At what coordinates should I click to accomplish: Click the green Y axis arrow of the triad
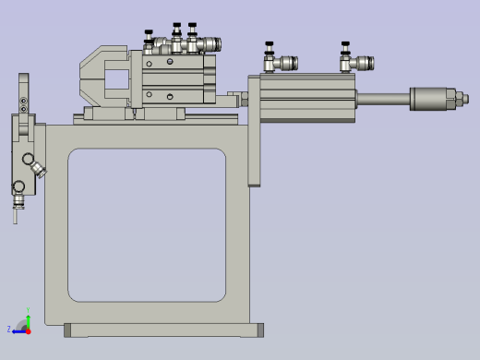(x=28, y=314)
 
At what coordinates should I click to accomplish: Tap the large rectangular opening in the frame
(x=147, y=225)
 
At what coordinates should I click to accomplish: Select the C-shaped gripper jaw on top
(x=103, y=78)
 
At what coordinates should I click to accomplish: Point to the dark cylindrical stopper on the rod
(x=428, y=98)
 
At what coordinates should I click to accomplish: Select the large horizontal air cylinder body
(x=307, y=98)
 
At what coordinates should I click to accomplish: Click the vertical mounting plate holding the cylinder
(x=255, y=138)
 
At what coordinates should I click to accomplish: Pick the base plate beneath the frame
(x=163, y=330)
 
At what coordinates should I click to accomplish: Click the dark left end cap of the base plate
(x=67, y=330)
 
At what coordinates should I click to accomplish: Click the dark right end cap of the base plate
(x=260, y=330)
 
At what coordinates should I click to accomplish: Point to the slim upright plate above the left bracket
(x=22, y=92)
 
